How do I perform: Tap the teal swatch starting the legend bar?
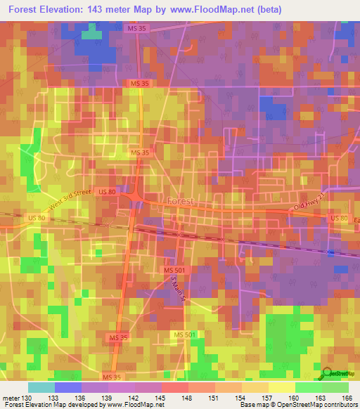click(41, 387)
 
